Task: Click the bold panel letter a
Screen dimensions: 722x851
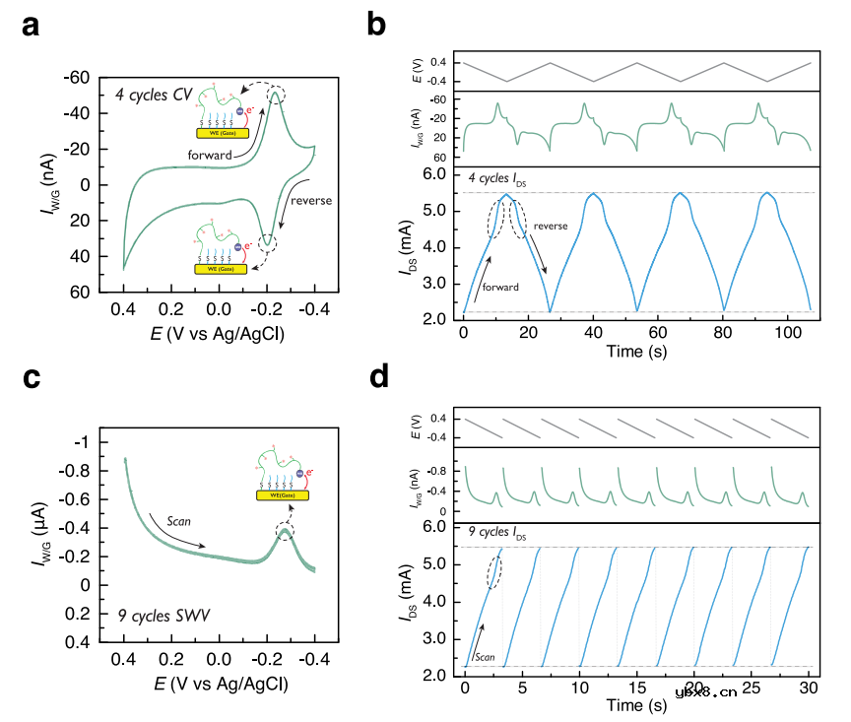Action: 32,27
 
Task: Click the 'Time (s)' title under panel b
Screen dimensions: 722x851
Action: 637,352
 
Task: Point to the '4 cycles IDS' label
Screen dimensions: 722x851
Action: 499,177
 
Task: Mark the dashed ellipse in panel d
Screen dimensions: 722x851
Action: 494,571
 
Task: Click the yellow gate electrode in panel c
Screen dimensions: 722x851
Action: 282,495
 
